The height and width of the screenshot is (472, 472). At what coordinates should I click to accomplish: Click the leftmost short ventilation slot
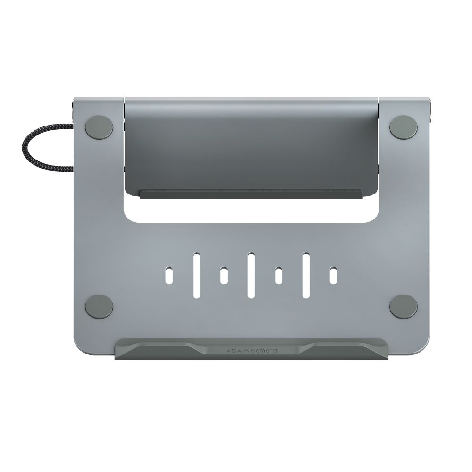[169, 276]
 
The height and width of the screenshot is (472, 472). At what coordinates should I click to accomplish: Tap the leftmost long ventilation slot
[196, 275]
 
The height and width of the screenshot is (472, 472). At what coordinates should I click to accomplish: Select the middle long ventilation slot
[251, 275]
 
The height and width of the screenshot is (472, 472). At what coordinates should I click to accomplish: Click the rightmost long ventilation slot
[306, 275]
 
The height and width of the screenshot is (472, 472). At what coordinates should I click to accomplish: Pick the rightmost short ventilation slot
[333, 276]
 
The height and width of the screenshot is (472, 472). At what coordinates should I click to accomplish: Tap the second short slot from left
[224, 276]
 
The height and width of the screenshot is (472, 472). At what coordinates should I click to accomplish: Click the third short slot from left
[278, 276]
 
